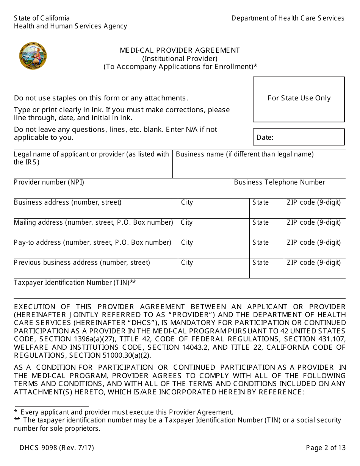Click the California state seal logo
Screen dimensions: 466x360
coord(33,56)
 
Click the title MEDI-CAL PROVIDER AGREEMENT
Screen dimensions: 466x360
coord(180,50)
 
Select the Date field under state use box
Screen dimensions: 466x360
coord(299,137)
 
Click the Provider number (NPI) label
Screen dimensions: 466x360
coord(49,182)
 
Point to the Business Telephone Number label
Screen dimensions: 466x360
coord(279,182)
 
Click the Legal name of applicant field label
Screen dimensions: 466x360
coord(91,158)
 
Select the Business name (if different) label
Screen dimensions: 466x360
coord(244,154)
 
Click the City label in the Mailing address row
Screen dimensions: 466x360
coord(186,222)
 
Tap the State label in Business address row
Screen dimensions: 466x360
coord(260,202)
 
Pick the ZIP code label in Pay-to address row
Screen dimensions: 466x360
coord(313,242)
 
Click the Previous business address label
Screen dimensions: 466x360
coord(82,263)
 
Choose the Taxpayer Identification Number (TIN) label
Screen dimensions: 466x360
coord(75,283)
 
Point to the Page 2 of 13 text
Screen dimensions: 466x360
coord(326,448)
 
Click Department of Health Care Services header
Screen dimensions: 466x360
coord(288,18)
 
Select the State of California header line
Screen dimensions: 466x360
coord(42,18)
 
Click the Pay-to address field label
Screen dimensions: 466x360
coord(92,242)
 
